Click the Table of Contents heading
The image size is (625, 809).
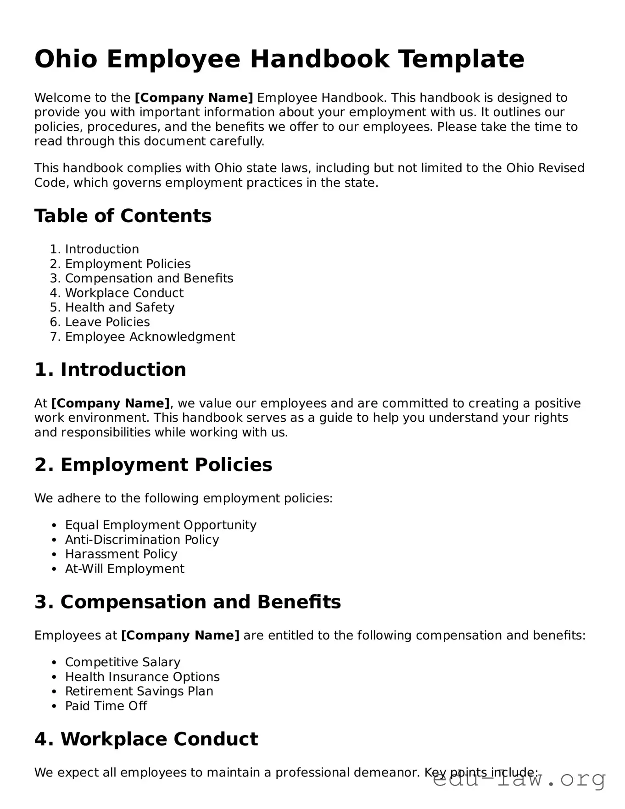point(123,216)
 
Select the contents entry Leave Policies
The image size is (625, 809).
point(107,322)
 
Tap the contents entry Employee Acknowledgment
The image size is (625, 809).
point(150,337)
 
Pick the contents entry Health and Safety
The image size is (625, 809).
point(119,307)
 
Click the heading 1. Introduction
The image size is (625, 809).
point(110,369)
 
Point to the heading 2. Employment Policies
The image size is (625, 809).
point(153,465)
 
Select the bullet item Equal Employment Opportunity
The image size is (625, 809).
point(161,525)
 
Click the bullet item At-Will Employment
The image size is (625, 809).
point(124,569)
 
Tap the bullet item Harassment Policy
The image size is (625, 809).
point(121,554)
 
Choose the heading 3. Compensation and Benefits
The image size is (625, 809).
point(188,602)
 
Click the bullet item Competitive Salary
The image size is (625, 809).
point(123,662)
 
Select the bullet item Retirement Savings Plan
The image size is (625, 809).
point(139,692)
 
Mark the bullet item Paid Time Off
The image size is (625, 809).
point(106,706)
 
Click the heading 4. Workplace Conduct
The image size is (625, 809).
point(146,739)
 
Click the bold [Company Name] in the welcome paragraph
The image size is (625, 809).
point(194,98)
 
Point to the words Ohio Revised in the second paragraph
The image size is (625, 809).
point(545,168)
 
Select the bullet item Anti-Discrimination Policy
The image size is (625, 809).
point(142,540)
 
